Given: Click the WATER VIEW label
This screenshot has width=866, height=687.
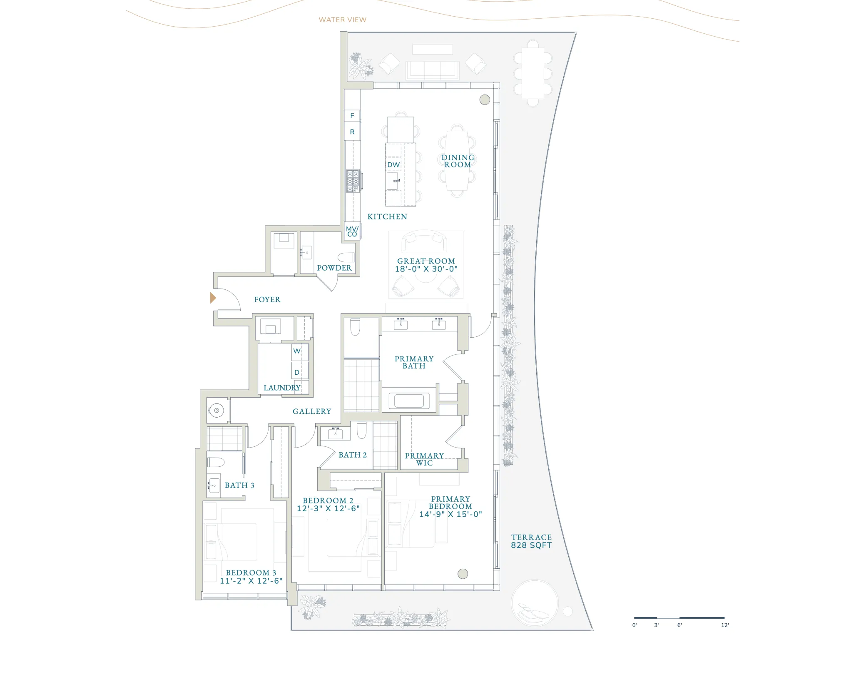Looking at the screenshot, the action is (343, 20).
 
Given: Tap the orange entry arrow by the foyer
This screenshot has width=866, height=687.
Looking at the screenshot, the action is (213, 298).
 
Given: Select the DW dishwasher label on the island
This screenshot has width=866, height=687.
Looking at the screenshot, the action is (393, 165).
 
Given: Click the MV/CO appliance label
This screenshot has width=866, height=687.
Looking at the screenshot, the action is (352, 231).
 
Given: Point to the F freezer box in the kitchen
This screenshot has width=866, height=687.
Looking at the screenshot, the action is (352, 116).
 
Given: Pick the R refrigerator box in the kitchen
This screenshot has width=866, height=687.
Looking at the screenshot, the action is (352, 132).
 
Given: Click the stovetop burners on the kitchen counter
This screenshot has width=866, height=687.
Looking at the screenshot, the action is (353, 181).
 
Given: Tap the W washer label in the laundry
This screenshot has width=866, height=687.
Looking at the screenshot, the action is (297, 351).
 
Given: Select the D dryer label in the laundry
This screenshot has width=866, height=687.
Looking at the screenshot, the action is (297, 372).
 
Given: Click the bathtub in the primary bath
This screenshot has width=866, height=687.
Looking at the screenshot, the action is (409, 401).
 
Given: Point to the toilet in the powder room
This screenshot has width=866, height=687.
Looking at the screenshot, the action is (346, 257).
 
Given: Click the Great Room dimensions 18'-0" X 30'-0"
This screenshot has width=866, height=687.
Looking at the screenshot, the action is (426, 269).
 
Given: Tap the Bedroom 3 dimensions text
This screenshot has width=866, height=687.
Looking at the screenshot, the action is (251, 581).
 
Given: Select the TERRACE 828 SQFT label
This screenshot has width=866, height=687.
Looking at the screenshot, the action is (531, 541).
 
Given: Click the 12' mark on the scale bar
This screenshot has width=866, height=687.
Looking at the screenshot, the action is (725, 625).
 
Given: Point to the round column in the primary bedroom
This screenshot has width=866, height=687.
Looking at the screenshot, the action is (463, 574).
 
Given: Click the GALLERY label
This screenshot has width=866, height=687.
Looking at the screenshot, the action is (312, 411).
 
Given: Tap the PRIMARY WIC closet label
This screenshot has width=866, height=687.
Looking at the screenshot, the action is (424, 459).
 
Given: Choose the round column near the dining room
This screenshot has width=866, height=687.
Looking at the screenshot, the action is (485, 100).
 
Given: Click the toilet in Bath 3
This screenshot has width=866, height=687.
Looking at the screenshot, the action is (216, 462).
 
